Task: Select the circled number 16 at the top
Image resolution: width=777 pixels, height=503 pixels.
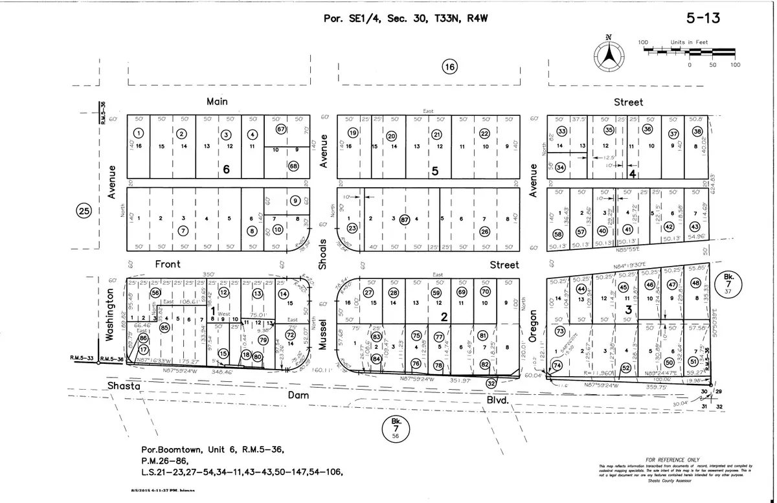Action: (449, 66)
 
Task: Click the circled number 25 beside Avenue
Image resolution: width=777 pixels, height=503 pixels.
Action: (83, 210)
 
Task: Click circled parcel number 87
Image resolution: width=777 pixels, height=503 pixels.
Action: (405, 218)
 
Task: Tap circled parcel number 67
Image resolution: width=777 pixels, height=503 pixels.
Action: (281, 129)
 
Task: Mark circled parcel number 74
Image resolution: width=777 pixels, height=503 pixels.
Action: (557, 365)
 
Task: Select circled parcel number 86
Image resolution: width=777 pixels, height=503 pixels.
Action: (143, 339)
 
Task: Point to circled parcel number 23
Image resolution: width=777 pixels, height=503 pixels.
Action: (352, 228)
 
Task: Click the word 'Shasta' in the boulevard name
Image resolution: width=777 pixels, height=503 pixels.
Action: (125, 386)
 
